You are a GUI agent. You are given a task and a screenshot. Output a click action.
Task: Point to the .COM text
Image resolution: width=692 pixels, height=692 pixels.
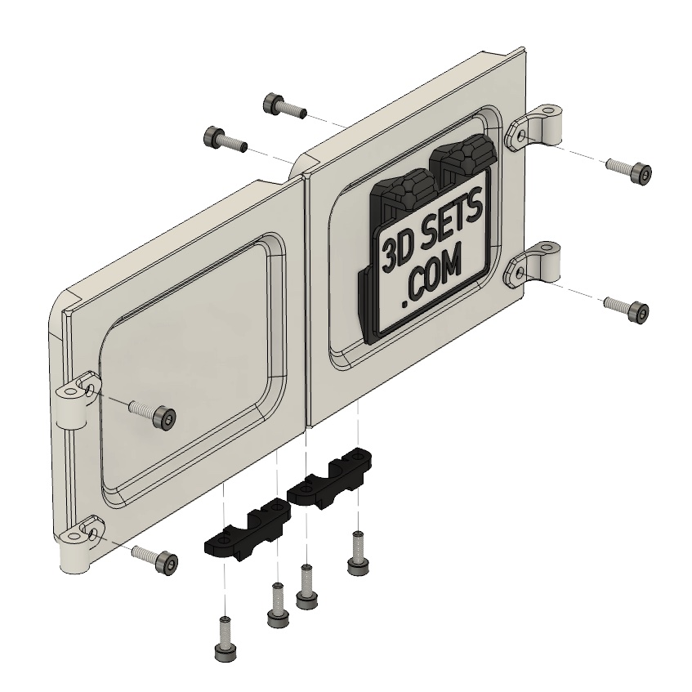pyautogui.click(x=431, y=277)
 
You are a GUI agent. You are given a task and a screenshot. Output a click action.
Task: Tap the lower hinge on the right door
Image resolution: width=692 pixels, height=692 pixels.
pyautogui.click(x=535, y=264)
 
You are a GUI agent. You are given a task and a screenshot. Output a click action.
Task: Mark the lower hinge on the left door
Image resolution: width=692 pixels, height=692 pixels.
pyautogui.click(x=78, y=546)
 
